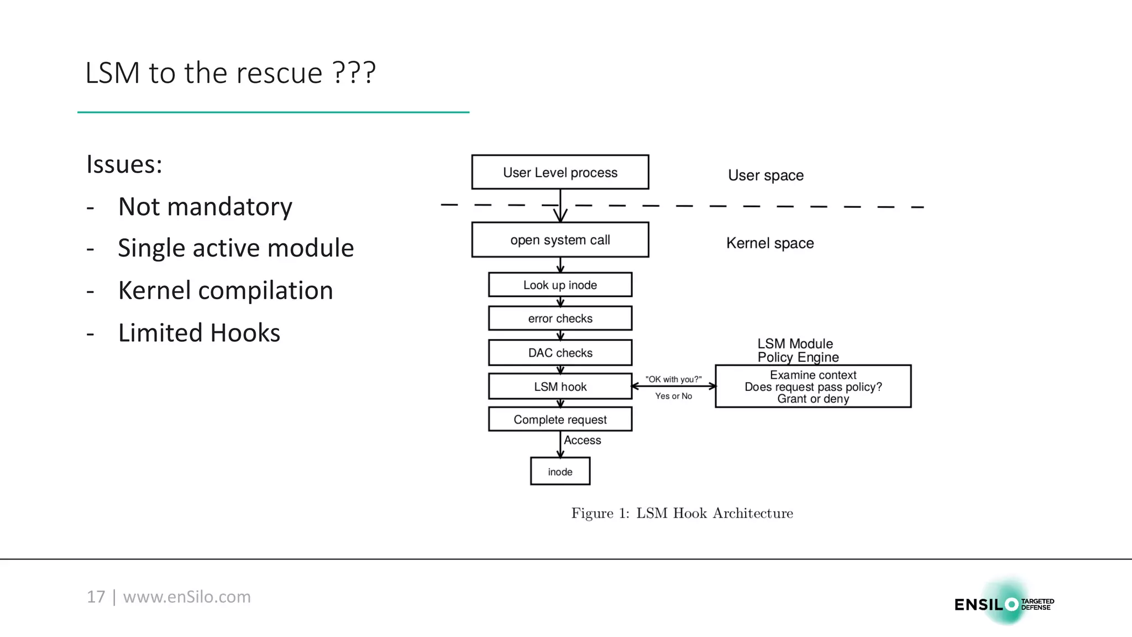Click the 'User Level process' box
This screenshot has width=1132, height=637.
point(560,173)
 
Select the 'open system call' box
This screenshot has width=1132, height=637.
point(560,240)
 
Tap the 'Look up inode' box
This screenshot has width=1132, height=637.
point(560,285)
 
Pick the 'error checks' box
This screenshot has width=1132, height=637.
point(560,318)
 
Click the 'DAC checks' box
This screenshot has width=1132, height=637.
point(560,353)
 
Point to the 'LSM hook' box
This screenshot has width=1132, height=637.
point(560,387)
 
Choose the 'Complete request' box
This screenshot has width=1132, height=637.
point(560,420)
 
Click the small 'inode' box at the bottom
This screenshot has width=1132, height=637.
point(560,472)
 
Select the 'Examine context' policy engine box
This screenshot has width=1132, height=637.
point(813,387)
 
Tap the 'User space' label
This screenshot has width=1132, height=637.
point(766,175)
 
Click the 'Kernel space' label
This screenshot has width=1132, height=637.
point(769,243)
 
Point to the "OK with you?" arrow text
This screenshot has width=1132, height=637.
point(673,379)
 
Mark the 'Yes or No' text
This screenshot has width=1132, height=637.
point(673,396)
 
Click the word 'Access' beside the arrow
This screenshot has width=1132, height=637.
point(582,440)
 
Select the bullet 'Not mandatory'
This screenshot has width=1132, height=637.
point(205,207)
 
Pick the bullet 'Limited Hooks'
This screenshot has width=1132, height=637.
point(199,333)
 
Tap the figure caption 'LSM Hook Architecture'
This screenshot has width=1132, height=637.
point(714,513)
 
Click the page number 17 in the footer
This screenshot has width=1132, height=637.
point(96,597)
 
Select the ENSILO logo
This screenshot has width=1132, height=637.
point(1003,604)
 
